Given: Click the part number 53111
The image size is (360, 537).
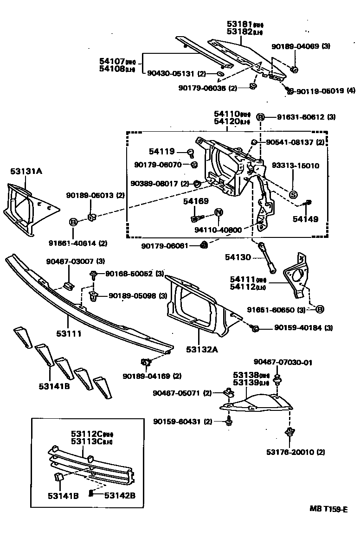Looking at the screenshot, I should [69, 333].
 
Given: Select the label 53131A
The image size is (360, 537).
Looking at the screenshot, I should [26, 171].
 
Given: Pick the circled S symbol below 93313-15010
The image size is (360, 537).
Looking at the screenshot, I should [293, 194].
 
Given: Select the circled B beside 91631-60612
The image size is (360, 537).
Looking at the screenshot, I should [261, 117].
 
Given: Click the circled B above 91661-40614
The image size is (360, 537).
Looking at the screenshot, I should [73, 222].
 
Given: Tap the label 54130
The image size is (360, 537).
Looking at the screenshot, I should [238, 257].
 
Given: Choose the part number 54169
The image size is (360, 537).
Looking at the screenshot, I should [195, 201].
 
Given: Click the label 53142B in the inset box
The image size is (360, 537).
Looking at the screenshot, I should [120, 495].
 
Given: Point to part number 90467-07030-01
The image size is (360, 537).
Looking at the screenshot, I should [283, 362].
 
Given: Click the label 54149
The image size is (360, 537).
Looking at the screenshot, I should [305, 219].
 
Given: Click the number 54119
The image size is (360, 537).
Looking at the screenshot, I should [162, 151].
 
